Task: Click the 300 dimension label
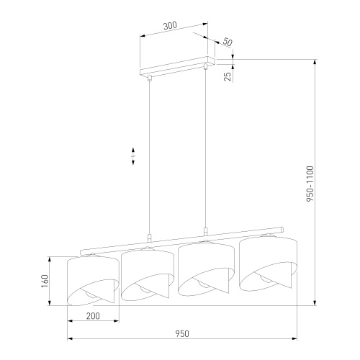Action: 170,26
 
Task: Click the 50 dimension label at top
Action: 228,42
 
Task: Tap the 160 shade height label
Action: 45,280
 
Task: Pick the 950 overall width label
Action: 182,333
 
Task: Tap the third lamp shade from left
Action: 206,269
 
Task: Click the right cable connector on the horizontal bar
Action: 207,231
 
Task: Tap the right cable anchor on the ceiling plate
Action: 207,67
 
